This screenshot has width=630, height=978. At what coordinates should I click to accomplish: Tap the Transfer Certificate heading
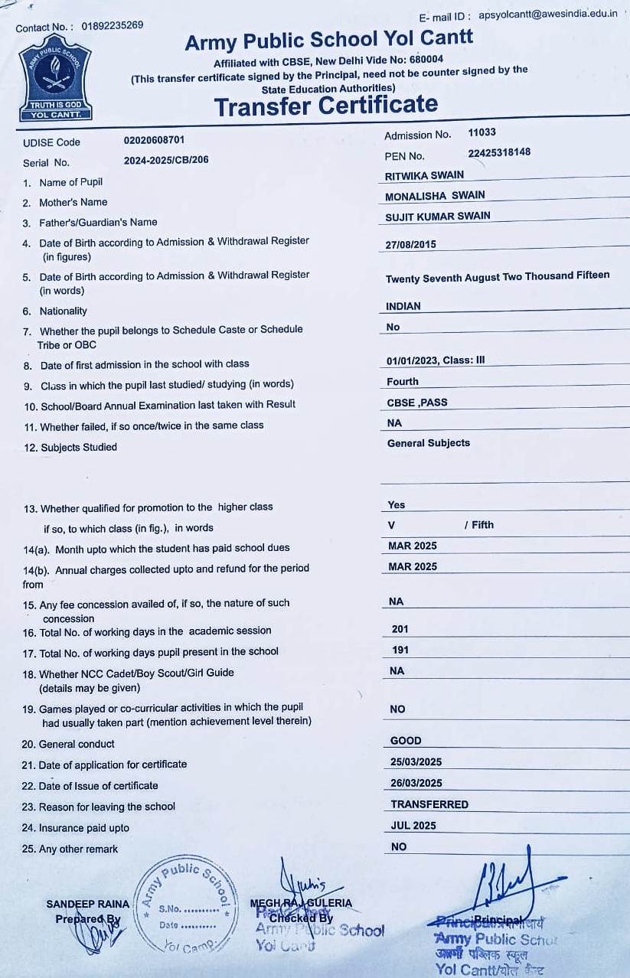pos(326,106)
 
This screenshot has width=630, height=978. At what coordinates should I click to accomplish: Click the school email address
pos(547,15)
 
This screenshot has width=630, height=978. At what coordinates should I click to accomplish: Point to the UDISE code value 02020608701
pos(154,140)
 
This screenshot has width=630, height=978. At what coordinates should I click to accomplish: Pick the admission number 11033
pos(482,132)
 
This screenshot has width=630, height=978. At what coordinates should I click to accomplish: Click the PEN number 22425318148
pos(499,152)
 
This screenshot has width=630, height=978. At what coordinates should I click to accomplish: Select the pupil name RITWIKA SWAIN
pos(424,175)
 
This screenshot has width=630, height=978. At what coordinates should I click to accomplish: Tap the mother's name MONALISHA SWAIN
pos(435,195)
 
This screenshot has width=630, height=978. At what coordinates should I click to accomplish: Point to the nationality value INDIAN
pos(403,306)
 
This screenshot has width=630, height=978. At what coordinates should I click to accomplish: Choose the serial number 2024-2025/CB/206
pos(166,160)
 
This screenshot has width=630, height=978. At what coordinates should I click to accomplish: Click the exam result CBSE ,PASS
pos(417,402)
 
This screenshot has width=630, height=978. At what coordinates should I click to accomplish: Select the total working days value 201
pos(400,629)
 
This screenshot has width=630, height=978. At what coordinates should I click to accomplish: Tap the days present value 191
pos(400,650)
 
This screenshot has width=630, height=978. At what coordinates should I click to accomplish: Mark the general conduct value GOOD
pos(406,740)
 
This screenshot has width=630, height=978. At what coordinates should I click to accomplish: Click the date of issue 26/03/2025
pos(416,783)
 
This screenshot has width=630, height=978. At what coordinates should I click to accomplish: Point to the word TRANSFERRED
pos(429,804)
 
